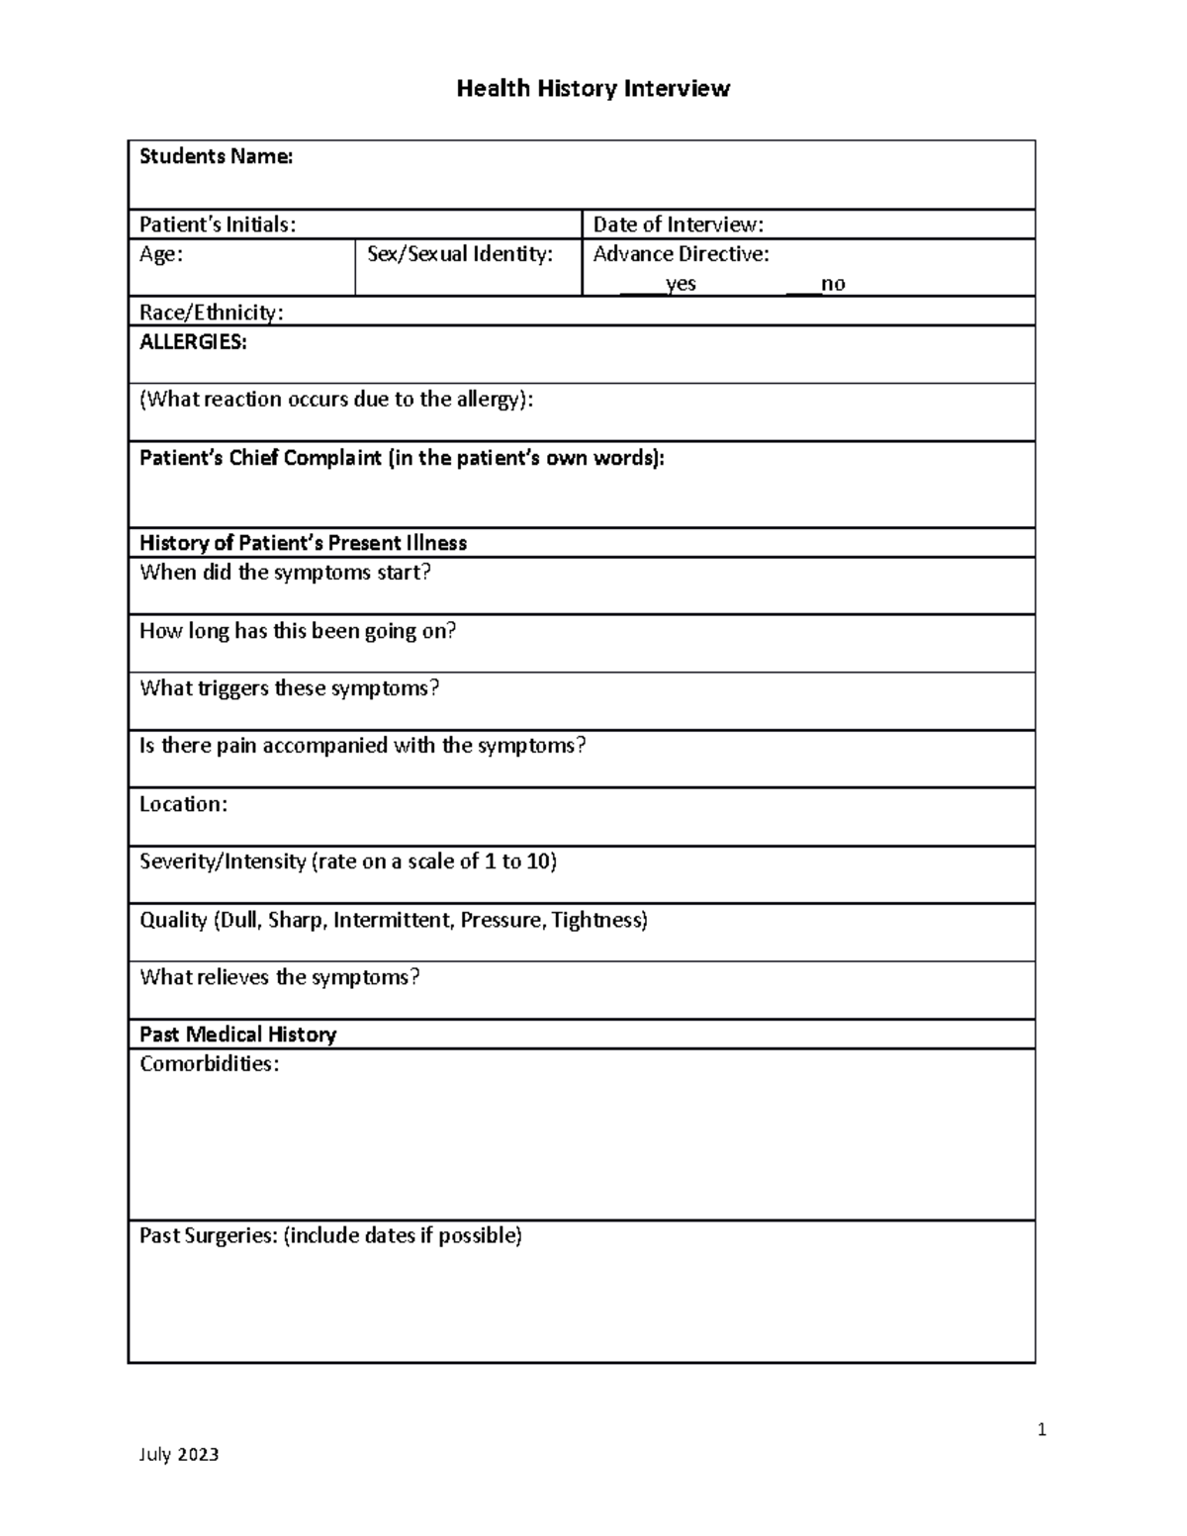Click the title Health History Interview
click(x=593, y=89)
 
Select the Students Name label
click(x=216, y=156)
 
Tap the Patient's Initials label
click(x=218, y=225)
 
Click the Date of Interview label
click(x=678, y=225)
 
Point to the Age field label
click(x=160, y=254)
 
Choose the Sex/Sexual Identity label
click(x=460, y=254)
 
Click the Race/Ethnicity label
click(x=211, y=313)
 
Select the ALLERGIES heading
click(x=193, y=342)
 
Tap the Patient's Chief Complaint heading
click(x=402, y=458)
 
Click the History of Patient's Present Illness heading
click(x=303, y=543)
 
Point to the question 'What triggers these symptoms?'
click(x=289, y=688)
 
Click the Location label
click(x=183, y=804)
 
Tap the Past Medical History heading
click(x=237, y=1035)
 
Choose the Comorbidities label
click(x=209, y=1064)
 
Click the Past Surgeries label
click(x=330, y=1235)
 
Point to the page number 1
click(x=1042, y=1429)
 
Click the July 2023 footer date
click(x=179, y=1454)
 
